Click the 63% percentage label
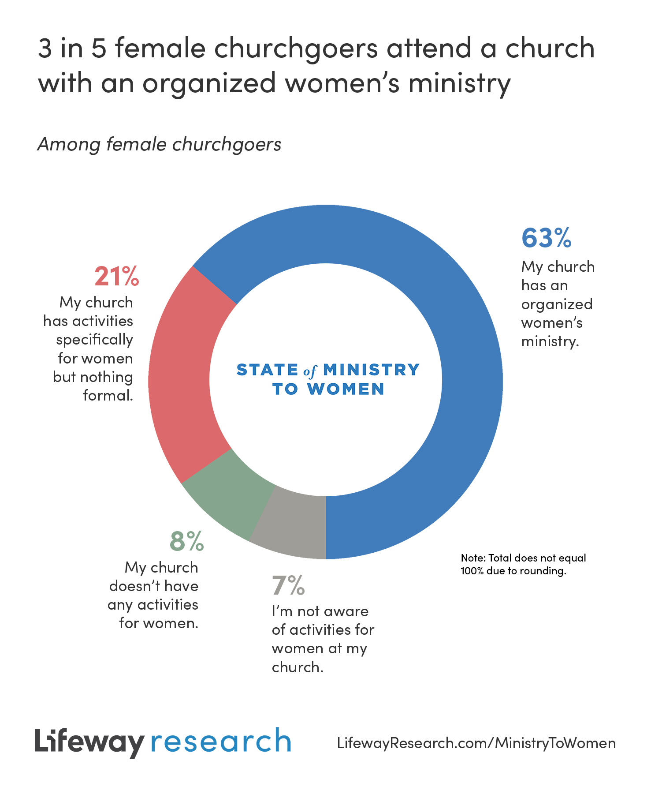coord(546,238)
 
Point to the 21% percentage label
coord(117,277)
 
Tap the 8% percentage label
coord(187,541)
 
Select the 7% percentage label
coord(288,585)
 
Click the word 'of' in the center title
coord(310,371)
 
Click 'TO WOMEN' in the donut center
coord(328,389)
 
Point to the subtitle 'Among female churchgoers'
coord(159,145)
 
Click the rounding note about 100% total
coord(523,564)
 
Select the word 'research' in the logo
coord(221,742)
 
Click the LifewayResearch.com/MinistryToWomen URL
coord(476,743)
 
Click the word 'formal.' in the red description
coord(108,395)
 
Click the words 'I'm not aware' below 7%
coord(320,611)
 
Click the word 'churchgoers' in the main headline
coord(296,48)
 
